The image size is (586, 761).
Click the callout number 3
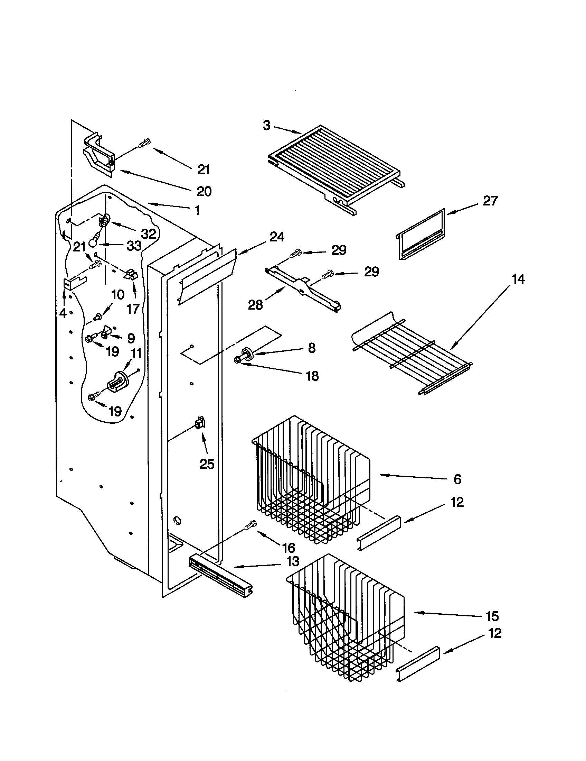click(266, 125)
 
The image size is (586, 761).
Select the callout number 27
click(490, 201)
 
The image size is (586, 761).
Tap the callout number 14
click(518, 279)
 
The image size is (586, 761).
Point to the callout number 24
click(277, 237)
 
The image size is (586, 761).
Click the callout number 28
click(255, 305)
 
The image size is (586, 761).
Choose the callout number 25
click(207, 464)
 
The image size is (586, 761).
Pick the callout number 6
click(457, 479)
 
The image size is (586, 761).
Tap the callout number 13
click(293, 561)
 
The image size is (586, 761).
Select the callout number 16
click(289, 548)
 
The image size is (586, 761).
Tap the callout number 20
click(204, 191)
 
